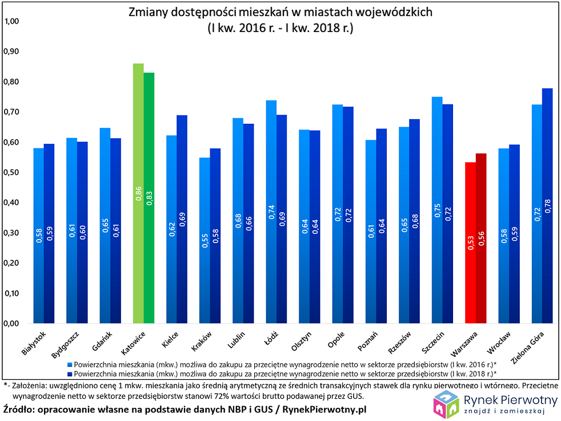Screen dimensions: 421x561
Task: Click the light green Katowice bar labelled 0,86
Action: click(138, 194)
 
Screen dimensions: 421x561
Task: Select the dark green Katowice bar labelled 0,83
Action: click(149, 199)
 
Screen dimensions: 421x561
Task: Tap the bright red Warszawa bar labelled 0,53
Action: click(470, 243)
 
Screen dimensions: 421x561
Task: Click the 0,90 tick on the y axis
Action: click(11, 52)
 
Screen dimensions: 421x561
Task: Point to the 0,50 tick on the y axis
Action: click(11, 172)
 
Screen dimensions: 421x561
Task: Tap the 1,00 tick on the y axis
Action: click(11, 22)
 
